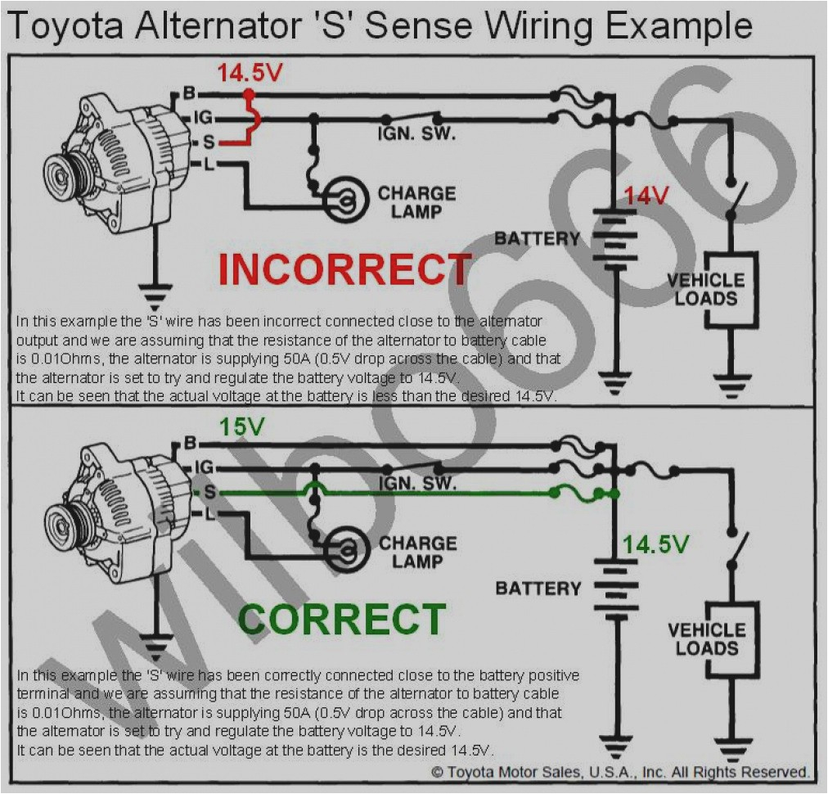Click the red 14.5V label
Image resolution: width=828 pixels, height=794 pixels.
click(250, 73)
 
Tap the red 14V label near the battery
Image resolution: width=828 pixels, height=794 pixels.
click(646, 196)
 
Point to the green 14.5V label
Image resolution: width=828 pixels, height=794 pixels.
click(655, 544)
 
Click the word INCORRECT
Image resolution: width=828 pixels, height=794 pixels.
click(344, 269)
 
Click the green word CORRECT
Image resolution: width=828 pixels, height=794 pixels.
click(342, 620)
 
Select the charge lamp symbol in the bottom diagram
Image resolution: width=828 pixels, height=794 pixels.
click(344, 551)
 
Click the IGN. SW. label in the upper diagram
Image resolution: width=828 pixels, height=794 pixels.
click(416, 133)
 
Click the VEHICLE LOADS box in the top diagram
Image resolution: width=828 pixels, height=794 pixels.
click(706, 290)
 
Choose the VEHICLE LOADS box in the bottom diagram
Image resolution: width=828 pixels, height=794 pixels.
click(706, 639)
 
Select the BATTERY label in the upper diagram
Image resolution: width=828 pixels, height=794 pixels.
click(537, 239)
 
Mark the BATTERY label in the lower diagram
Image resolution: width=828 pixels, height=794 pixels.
click(538, 589)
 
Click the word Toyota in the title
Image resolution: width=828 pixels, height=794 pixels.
click(67, 26)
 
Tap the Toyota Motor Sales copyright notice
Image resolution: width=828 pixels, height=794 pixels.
click(619, 772)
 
